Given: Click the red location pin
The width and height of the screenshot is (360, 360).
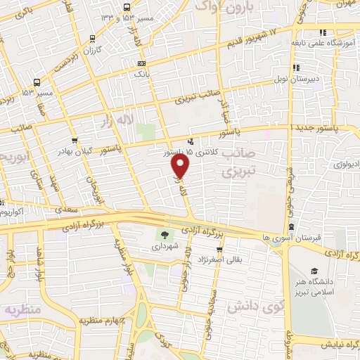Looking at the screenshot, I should click(181, 167).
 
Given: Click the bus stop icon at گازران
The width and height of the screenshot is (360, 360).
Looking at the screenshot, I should click(93, 40).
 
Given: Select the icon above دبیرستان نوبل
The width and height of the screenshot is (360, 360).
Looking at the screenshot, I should click(297, 67).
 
